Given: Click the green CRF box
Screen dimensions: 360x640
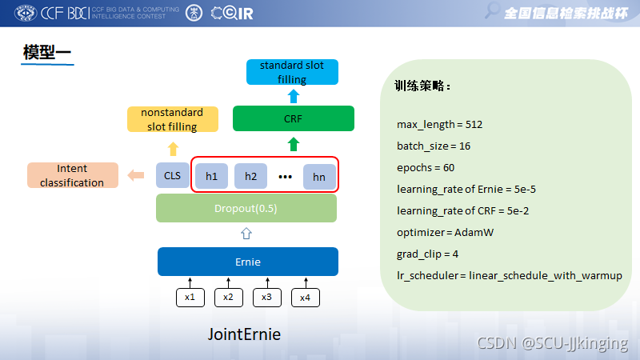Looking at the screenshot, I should [293, 119].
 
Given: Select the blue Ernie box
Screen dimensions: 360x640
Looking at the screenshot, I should [248, 262].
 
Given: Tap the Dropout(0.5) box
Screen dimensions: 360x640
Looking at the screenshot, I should [246, 208].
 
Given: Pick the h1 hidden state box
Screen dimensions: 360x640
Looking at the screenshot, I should [212, 176].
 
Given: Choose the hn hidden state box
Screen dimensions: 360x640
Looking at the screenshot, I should [319, 177].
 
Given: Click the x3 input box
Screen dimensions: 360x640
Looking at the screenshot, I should [266, 297].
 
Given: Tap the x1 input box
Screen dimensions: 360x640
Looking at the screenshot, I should [190, 297].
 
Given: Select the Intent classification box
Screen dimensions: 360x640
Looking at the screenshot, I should [72, 176].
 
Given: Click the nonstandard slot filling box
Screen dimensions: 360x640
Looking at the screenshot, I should [172, 119].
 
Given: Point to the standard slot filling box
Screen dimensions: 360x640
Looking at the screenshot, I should [292, 72].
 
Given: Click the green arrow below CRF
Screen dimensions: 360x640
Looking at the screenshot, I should [294, 145].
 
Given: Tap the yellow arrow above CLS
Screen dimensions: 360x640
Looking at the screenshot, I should [173, 148].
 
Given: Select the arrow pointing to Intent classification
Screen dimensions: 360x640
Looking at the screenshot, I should [137, 175].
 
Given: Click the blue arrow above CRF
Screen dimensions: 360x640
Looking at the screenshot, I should [294, 96].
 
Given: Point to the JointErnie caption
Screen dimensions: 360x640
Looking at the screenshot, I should [244, 334].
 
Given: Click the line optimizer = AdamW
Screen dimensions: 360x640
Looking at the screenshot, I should [445, 233].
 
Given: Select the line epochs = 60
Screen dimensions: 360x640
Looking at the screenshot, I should [426, 168].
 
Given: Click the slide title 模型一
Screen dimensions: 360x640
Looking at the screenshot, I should [47, 54].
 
